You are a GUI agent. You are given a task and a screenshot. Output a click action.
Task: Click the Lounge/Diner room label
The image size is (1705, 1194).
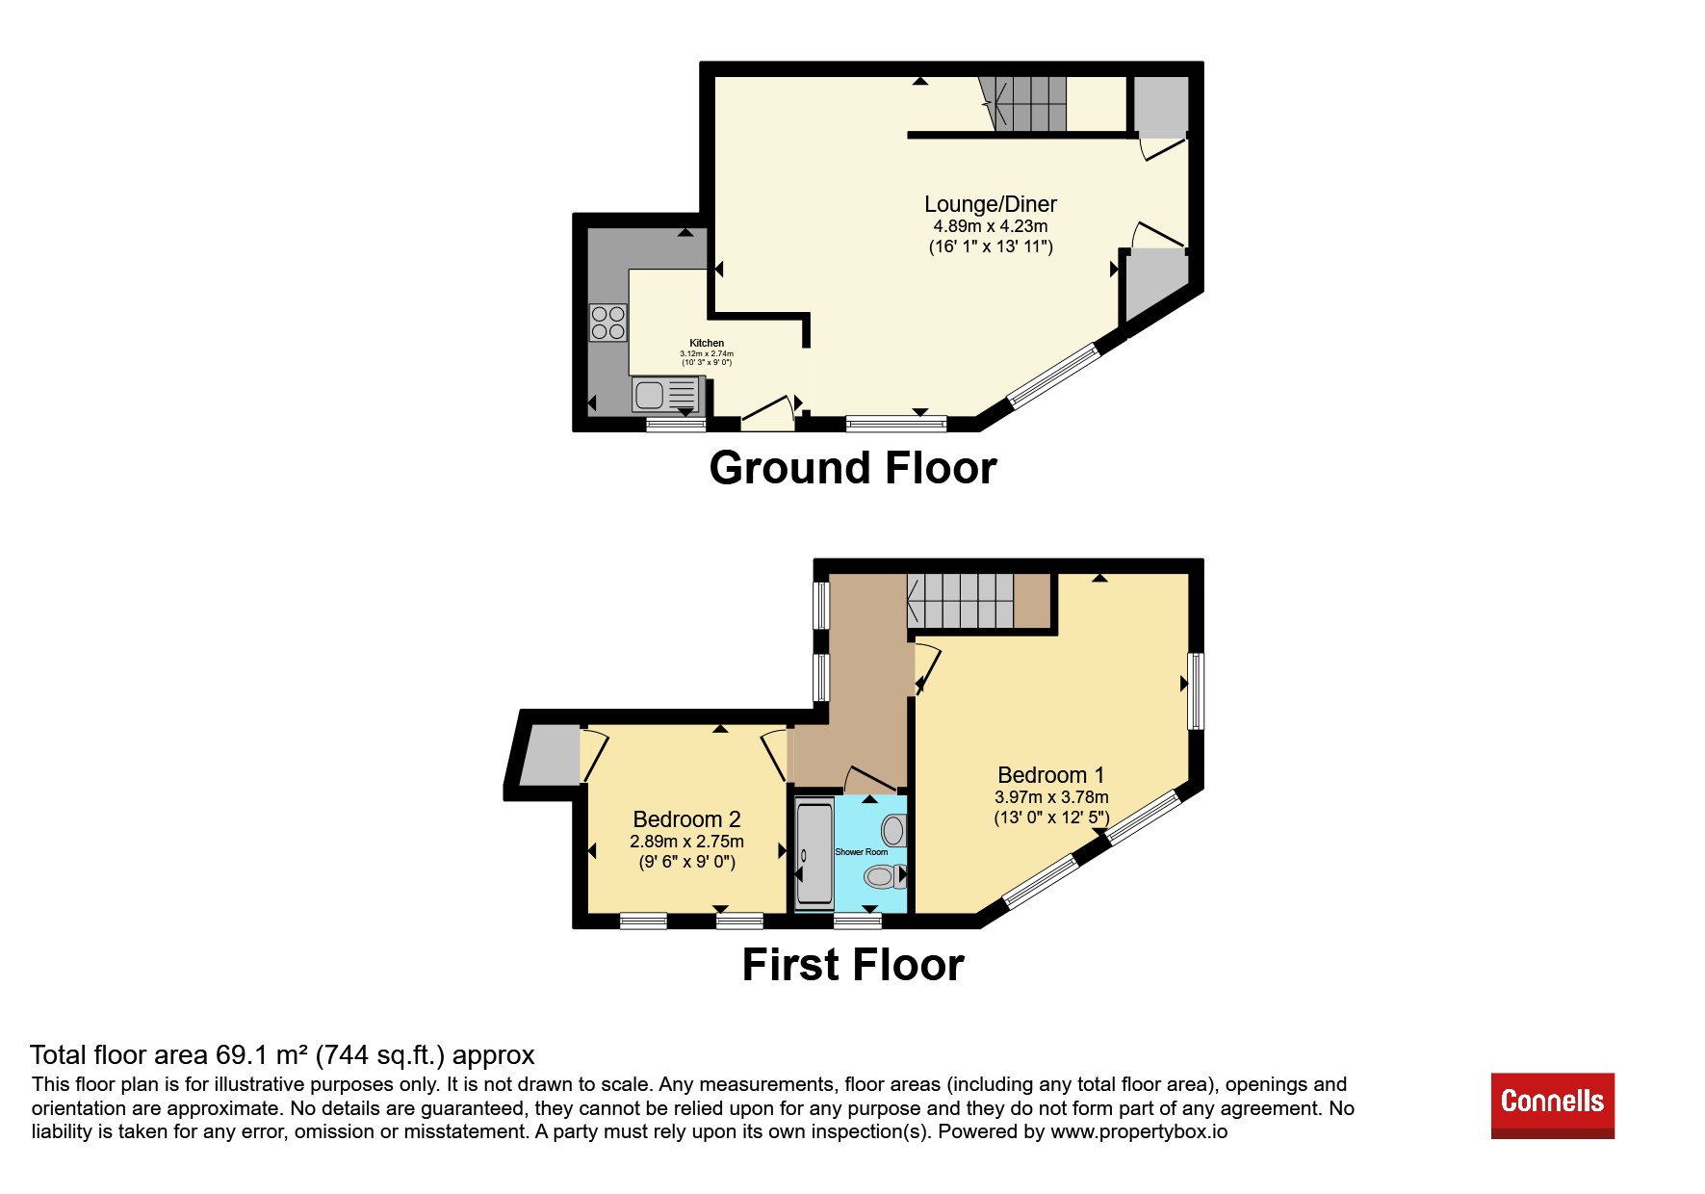[x=991, y=204]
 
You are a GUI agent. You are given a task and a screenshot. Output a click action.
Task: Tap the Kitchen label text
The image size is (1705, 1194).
[x=707, y=343]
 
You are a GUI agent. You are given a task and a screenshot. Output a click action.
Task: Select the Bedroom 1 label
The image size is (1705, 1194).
[x=1051, y=775]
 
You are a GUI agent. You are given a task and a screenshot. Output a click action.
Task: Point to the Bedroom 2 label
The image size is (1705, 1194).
[x=686, y=819]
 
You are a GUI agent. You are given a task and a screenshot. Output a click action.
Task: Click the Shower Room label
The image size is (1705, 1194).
[x=862, y=852]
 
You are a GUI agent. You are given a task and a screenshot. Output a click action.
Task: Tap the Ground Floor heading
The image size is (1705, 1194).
[x=853, y=468]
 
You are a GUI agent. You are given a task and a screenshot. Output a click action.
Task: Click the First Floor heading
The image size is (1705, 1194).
[x=853, y=965]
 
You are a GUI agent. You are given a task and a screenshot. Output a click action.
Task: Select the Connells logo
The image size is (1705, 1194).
[x=1553, y=1105]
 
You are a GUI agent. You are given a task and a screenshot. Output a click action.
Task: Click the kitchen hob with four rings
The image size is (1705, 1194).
[x=608, y=323]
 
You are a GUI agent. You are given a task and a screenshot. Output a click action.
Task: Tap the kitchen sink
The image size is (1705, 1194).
[x=666, y=395]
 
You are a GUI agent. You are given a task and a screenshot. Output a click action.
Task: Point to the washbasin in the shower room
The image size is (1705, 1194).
[x=894, y=830]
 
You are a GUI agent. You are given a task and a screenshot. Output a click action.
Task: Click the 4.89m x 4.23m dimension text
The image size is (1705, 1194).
[x=991, y=226]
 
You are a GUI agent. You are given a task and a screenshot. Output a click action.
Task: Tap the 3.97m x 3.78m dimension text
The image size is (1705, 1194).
[x=1051, y=797]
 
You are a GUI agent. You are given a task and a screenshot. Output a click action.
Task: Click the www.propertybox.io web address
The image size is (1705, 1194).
[x=1139, y=1131]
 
